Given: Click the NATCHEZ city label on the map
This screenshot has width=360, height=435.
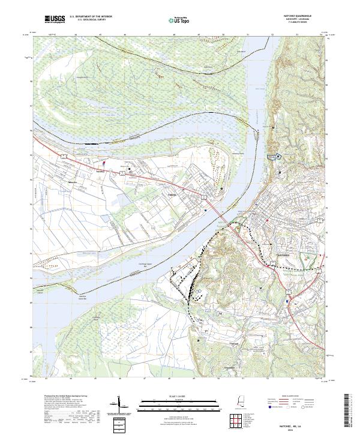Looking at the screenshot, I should (x=283, y=254).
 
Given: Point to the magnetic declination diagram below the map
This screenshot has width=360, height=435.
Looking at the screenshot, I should (x=119, y=405).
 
